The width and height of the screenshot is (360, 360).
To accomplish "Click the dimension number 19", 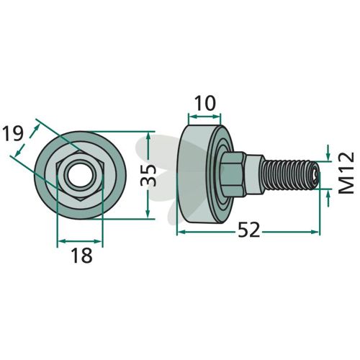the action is click(x=13, y=134).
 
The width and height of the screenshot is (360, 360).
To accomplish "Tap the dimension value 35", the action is click(x=148, y=176).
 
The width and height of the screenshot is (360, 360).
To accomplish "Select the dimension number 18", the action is click(x=81, y=255).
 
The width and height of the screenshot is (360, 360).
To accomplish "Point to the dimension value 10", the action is click(x=204, y=103).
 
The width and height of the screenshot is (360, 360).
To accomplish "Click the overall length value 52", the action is click(x=249, y=230).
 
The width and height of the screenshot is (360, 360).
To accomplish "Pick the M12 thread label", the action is click(x=346, y=173).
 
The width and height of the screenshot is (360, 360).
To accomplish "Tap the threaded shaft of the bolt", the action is click(x=290, y=175).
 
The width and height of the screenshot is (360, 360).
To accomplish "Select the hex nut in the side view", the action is click(x=233, y=175).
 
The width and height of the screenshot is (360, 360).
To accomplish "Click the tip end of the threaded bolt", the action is click(x=316, y=175).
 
